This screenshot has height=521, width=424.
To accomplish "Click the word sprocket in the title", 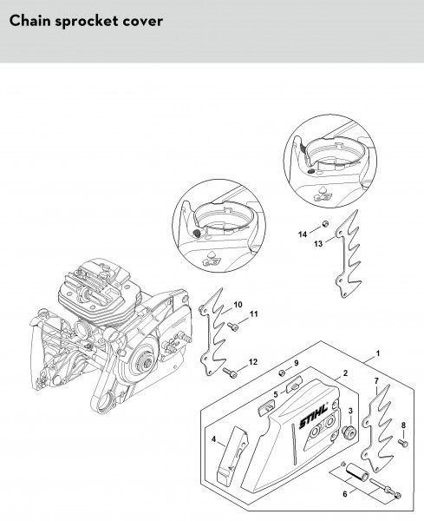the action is point(87,22).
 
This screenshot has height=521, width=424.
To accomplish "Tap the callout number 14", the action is point(303,234).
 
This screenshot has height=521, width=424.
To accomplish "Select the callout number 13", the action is point(318,244).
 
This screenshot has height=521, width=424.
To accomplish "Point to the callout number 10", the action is point(238,305).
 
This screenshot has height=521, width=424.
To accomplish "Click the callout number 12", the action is point(253,362).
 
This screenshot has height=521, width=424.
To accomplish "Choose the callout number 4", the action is point(213,439).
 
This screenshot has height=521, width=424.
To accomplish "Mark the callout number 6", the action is point(345,494).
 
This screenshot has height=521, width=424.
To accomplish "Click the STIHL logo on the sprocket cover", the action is point(314,418).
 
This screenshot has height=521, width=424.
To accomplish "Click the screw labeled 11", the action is point(233,326).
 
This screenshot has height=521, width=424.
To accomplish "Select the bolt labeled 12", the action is point(230,373).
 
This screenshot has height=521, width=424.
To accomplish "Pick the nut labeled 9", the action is point(281,373).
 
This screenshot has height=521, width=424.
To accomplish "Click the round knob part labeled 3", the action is point(349,432).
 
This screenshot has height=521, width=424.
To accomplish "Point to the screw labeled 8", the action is point(403,442).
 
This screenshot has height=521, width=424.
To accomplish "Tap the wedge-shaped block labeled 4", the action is point(232,453).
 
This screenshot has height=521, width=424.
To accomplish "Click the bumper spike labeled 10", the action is point(212,333).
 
